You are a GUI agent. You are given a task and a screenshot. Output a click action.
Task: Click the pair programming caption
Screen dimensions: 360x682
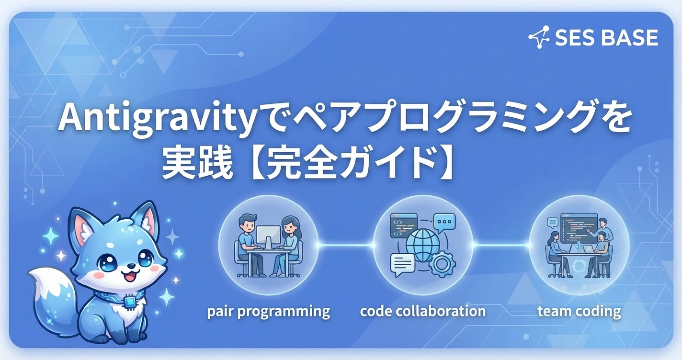(x=268, y=312)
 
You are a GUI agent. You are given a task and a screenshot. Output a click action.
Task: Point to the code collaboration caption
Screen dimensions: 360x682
(x=422, y=312)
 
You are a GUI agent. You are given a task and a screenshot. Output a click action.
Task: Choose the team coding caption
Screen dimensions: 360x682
(x=579, y=312)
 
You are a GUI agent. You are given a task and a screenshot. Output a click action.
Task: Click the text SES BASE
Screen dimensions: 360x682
(x=606, y=38)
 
